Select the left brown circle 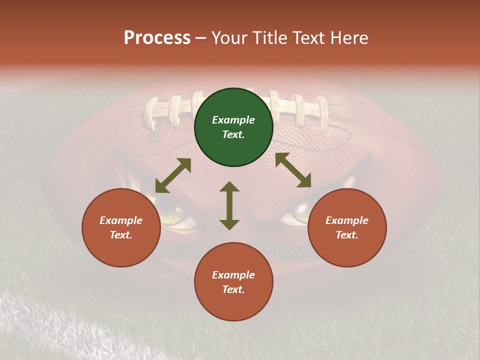click(121, 227)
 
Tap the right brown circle click(347, 227)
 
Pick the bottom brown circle click(233, 282)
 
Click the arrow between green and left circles click(173, 175)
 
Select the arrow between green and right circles click(293, 170)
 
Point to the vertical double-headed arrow click(229, 205)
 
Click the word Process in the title click(157, 37)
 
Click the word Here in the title click(348, 37)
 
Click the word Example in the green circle click(233, 120)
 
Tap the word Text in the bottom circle click(233, 289)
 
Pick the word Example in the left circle click(121, 220)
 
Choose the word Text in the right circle click(347, 235)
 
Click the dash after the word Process click(201, 38)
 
